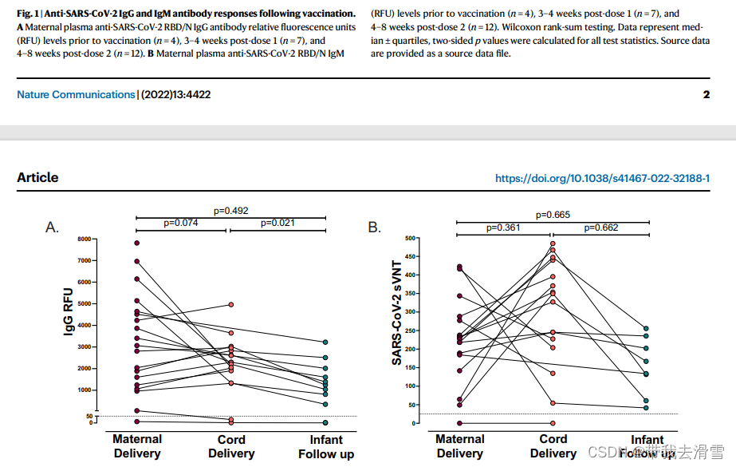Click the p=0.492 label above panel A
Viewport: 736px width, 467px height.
coord(231,211)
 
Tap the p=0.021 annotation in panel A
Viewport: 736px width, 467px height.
coord(278,224)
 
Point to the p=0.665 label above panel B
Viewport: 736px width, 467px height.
coord(553,215)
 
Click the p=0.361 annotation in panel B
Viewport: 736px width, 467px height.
coord(504,228)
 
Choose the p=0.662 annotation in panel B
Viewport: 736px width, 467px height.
coord(601,228)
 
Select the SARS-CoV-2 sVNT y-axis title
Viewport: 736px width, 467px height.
coord(396,312)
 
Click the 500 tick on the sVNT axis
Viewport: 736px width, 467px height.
coord(411,238)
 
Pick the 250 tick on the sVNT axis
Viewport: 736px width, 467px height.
coord(411,330)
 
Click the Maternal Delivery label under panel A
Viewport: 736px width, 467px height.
coord(137,446)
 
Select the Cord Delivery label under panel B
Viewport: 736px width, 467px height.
coord(553,446)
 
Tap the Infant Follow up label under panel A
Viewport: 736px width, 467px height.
coord(326,447)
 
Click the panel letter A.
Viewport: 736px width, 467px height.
coord(53,228)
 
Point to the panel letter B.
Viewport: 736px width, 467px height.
coord(375,228)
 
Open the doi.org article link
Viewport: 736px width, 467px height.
coord(602,178)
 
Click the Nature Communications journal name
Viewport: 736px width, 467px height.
coord(76,95)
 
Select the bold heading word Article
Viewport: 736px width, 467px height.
coord(37,177)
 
